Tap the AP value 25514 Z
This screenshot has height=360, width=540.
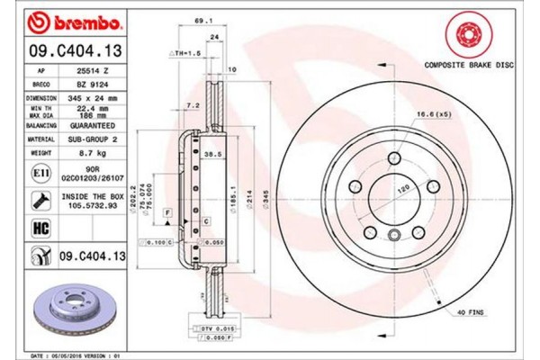coord(94,69)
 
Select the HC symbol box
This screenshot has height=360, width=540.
coord(41,229)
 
